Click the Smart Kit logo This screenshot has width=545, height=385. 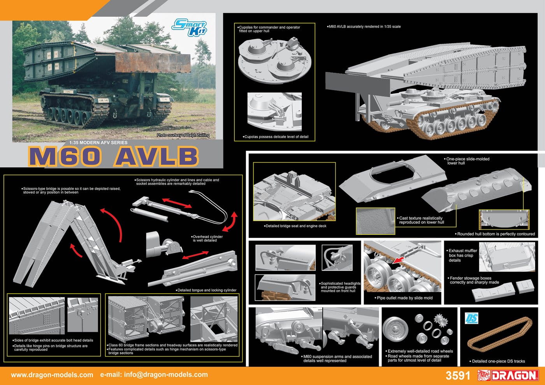click(189, 27)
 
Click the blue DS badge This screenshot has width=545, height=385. click(471, 318)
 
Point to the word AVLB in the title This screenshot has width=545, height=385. click(156, 156)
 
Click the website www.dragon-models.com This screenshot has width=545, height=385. click(52, 374)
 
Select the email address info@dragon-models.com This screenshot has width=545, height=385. click(166, 374)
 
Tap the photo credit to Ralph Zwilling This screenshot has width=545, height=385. click(183, 135)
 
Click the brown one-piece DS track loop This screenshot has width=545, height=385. click(499, 334)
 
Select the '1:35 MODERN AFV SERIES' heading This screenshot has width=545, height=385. click(98, 142)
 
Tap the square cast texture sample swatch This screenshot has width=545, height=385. click(375, 221)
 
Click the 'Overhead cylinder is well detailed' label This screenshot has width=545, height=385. click(207, 238)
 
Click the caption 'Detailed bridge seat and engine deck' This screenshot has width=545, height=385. click(295, 226)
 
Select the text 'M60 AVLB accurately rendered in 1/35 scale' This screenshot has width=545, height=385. click(364, 26)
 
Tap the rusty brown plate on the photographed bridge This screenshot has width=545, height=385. click(153, 62)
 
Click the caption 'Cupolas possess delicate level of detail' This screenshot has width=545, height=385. click(276, 137)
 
